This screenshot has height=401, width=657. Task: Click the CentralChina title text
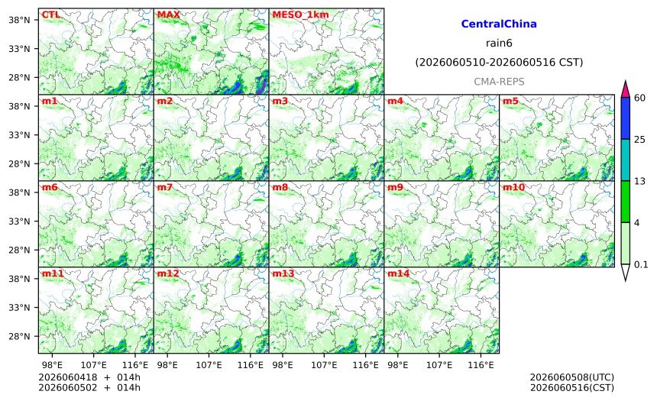coord(499,24)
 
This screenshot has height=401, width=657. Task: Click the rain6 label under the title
coord(499,44)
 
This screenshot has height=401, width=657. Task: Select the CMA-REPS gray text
coord(499,82)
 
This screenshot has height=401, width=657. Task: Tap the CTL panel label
coord(50,15)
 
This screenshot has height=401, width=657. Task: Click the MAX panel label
coord(168,15)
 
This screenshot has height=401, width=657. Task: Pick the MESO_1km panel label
coord(300,15)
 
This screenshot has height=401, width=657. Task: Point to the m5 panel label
coord(510,101)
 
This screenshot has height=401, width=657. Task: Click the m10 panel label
coord(513,187)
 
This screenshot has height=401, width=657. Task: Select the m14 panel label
coord(399,273)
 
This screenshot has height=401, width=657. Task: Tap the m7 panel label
coord(165,187)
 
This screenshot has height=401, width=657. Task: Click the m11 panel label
coord(53,273)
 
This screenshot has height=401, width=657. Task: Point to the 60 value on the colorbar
coord(640,98)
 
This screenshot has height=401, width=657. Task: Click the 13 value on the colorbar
coord(640,182)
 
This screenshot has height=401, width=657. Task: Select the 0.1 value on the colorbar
coord(641,264)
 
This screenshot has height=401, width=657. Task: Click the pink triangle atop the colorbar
coord(625,89)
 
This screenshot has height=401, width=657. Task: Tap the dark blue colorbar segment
coord(625,118)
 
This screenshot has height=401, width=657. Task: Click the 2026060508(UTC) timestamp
coord(572,378)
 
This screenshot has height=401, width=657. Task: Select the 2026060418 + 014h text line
coord(89,378)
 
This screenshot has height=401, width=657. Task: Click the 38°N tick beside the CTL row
coord(19,20)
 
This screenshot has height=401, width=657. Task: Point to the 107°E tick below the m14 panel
coord(439,365)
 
